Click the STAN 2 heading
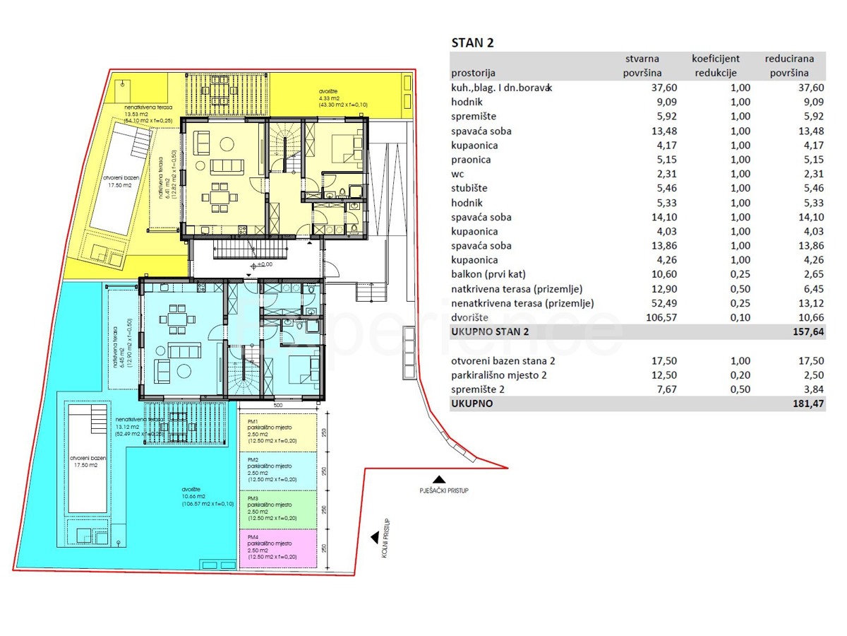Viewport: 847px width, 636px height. [473, 43]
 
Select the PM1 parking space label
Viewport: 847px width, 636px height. [252, 421]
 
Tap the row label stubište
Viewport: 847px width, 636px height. [469, 189]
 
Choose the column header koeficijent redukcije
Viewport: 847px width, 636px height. [716, 66]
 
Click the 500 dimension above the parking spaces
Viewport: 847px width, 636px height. [278, 406]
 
